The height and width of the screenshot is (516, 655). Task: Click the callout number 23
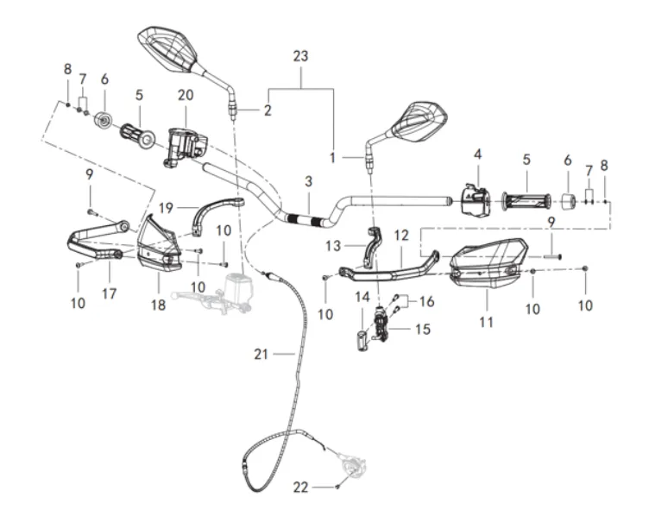300,56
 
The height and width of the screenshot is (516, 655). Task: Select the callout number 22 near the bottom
301,488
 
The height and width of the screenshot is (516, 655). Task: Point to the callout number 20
186,94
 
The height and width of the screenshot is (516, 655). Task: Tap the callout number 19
167,207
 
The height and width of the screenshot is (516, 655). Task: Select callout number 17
109,293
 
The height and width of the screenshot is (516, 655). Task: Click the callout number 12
400,234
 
